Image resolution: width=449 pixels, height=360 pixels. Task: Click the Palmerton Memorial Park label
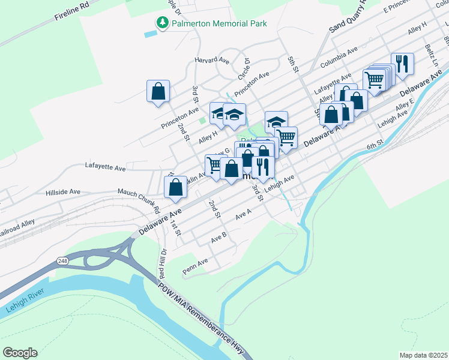click(219, 23)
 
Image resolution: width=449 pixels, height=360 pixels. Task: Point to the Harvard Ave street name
click(212, 61)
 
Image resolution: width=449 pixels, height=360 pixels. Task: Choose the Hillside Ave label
click(63, 192)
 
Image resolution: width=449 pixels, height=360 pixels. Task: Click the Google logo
click(20, 353)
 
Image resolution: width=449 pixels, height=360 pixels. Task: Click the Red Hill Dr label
click(162, 262)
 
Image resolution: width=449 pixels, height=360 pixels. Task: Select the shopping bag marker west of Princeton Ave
click(158, 92)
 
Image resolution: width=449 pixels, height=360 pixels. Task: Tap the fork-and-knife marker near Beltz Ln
click(402, 64)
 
